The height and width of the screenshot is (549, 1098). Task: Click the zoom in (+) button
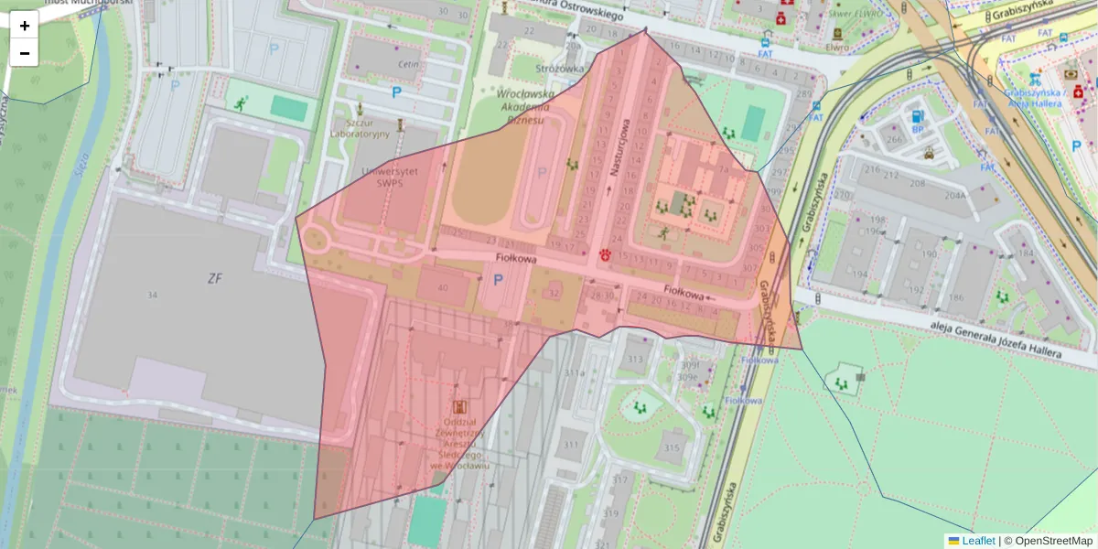point(25,26)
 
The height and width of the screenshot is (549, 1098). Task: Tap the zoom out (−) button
point(25,53)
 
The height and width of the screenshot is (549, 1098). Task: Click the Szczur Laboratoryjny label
point(360,127)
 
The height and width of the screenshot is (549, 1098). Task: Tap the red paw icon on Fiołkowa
point(605,255)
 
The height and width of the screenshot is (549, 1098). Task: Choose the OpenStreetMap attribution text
point(1053,541)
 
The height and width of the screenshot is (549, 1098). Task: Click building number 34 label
point(152,294)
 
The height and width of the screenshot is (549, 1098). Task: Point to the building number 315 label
point(673,447)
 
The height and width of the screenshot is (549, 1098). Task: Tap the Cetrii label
point(408,64)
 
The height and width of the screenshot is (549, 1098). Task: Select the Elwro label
point(836,46)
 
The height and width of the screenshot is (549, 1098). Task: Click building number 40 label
point(444,287)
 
